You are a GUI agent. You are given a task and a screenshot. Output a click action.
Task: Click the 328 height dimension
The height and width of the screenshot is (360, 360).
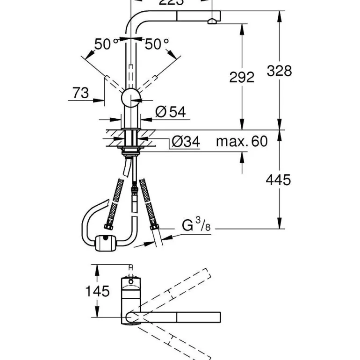point(279,71)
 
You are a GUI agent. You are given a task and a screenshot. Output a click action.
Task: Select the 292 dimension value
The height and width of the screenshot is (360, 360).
point(242,77)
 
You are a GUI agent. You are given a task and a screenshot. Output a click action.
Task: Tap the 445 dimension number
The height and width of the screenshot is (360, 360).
point(279,179)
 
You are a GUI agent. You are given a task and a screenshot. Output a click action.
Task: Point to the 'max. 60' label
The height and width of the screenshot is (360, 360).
point(241,141)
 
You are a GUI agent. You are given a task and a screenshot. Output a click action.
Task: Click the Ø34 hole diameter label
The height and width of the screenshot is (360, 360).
point(186,141)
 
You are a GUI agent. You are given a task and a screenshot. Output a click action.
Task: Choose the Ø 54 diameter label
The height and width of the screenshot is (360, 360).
point(170,111)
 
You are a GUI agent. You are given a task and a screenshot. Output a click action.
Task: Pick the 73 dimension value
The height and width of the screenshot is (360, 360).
point(80,93)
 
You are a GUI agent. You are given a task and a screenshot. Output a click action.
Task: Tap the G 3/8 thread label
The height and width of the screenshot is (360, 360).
point(196,227)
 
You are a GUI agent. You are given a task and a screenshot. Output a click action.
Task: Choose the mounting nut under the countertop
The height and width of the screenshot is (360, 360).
point(130,150)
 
